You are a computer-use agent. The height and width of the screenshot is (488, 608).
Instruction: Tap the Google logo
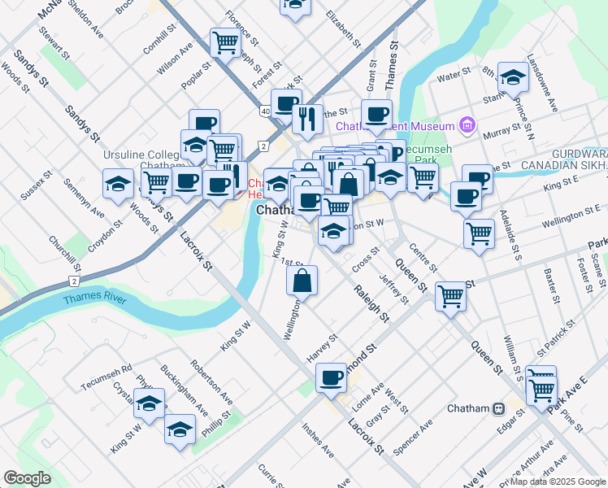point(27,478)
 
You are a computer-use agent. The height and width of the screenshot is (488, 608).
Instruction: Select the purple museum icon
point(467,125)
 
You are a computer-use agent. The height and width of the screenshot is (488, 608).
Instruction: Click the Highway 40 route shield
point(266,110)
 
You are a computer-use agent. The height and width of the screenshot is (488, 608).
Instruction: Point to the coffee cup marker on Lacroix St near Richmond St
point(332,378)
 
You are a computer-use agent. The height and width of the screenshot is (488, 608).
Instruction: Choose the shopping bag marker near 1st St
point(302,281)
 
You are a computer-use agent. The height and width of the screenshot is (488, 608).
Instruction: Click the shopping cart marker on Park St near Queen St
point(449,296)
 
